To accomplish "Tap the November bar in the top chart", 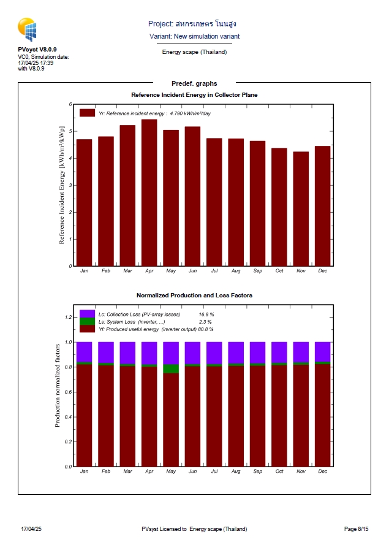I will pos(301,208).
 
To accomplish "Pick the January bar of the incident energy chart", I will pos(84,202).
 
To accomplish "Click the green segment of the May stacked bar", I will pos(171,369).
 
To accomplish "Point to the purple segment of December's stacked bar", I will pos(322,352).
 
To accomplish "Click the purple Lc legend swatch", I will pos(87,314).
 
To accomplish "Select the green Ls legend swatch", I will pos(87,321).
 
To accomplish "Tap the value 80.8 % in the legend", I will pos(205,329).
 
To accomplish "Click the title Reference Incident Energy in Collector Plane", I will pos(194,95).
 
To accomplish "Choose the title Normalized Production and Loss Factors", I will pos(194,296).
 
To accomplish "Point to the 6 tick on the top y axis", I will pos(71,105).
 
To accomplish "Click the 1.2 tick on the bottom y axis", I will pos(69,317).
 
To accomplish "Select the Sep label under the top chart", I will pos(257,270).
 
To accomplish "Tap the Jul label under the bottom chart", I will pos(214,471).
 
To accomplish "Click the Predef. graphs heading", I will pos(194,83).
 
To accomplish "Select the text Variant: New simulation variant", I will pos(194,37).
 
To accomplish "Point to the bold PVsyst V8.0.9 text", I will pos(37,49).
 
